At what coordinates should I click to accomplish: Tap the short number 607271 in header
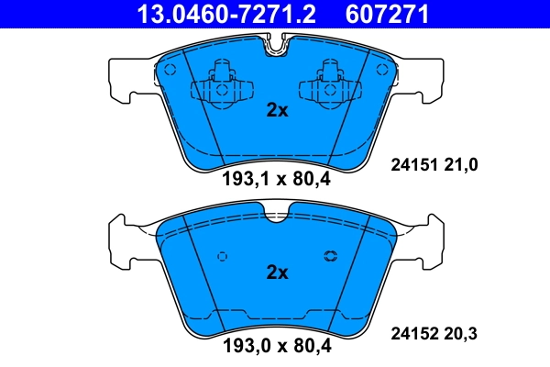[x=387, y=14]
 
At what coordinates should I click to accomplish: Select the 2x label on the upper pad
[x=277, y=111]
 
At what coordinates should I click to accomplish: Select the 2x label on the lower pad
[x=277, y=272]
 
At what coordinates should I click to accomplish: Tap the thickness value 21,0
[x=463, y=164]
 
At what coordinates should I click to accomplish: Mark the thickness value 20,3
[x=463, y=334]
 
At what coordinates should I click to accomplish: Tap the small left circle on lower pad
[x=221, y=257]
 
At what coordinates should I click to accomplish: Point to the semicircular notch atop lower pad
[x=276, y=215]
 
